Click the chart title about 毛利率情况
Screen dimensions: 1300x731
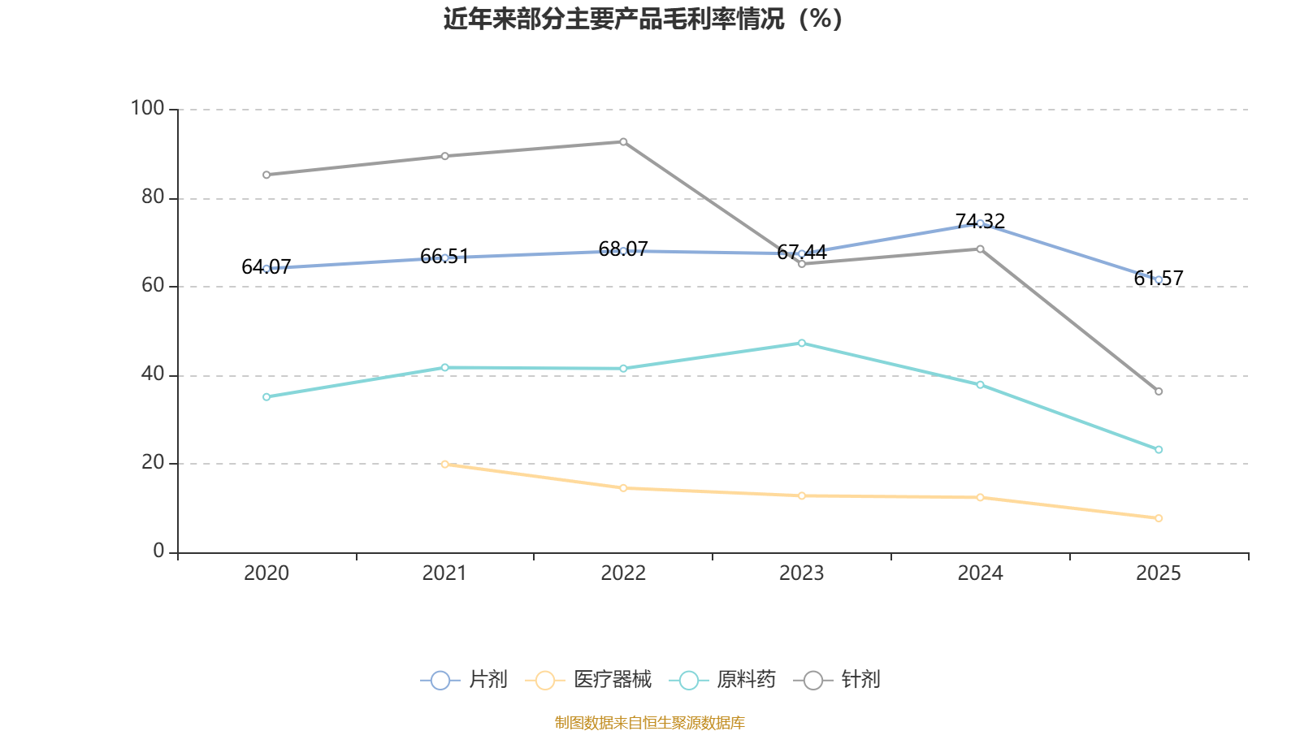643,19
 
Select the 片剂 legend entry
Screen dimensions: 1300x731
464,679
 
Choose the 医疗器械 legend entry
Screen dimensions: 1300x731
588,679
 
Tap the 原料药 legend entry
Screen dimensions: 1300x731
722,679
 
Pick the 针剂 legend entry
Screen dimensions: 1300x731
837,679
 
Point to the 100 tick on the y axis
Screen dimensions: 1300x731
147,108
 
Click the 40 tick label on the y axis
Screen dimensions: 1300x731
153,374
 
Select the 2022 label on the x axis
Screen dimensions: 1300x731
622,573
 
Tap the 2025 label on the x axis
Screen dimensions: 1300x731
1158,573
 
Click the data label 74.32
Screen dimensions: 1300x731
980,221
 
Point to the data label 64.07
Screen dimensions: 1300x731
266,267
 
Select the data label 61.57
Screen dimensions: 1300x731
1159,279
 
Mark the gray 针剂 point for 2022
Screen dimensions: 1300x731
623,141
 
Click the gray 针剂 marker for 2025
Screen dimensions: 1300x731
1159,391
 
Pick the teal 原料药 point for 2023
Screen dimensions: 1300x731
801,343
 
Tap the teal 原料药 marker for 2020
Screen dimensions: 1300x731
266,397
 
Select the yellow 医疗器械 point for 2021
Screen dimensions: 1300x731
444,464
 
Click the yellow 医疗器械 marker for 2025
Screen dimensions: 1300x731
1159,518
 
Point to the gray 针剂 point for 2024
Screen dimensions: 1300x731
980,249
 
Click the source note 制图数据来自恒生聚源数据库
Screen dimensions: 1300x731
649,722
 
